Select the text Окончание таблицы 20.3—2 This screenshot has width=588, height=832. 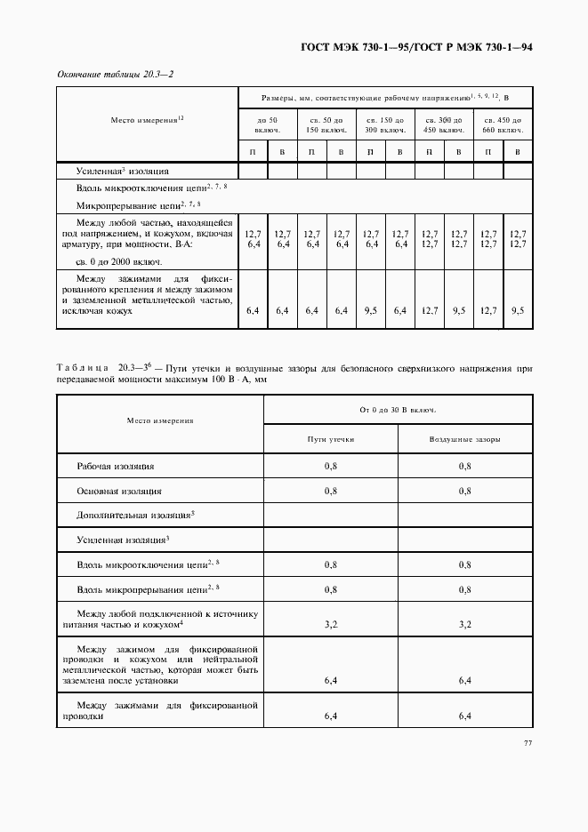[114, 74]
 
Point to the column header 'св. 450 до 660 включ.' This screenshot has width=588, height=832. [503, 124]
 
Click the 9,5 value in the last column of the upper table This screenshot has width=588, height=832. [518, 311]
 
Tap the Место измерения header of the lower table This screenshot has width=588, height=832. [160, 420]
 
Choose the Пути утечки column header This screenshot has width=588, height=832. [331, 439]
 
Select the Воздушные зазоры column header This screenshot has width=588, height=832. [464, 439]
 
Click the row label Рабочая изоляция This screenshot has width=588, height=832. [116, 466]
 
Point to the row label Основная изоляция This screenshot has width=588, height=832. [119, 490]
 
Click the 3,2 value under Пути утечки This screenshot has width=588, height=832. [331, 625]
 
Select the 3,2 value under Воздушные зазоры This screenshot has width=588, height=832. [464, 625]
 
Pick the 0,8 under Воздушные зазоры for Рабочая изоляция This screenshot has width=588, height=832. [464, 466]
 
